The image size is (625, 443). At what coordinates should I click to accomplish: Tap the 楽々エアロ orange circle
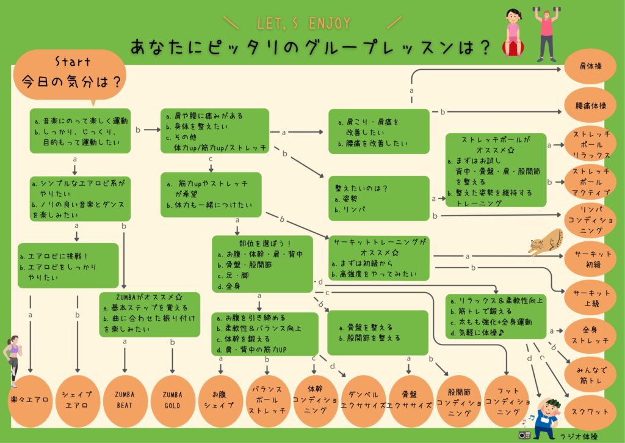pyautogui.click(x=30, y=401)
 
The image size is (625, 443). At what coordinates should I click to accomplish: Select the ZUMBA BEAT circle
pyautogui.click(x=124, y=401)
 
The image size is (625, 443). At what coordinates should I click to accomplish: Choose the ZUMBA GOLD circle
pyautogui.click(x=172, y=401)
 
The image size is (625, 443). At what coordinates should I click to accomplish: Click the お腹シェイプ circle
pyautogui.click(x=219, y=401)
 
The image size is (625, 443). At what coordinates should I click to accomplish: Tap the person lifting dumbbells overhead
pyautogui.click(x=545, y=33)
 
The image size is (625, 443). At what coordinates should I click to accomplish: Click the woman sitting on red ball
pyautogui.click(x=511, y=33)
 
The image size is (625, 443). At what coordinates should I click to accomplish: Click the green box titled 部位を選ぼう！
pyautogui.click(x=262, y=262)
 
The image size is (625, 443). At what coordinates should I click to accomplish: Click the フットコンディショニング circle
pyautogui.click(x=507, y=401)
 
